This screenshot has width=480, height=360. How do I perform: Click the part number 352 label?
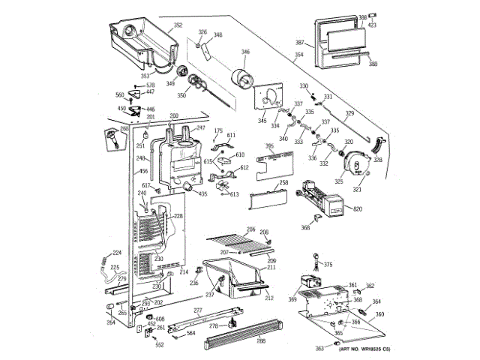[x=178, y=26]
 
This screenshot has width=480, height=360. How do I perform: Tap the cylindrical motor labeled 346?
[x=241, y=77]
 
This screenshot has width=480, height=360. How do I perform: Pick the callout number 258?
[x=284, y=183]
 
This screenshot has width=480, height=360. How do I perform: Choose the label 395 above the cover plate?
[x=270, y=145]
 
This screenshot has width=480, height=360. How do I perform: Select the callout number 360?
[x=379, y=314]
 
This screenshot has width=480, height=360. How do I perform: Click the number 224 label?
[x=117, y=253]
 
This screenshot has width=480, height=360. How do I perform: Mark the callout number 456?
[x=143, y=172]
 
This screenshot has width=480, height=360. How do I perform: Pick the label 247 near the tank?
[x=200, y=128]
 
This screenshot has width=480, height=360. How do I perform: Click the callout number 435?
[x=203, y=194]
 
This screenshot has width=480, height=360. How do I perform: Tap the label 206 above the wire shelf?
[x=250, y=229]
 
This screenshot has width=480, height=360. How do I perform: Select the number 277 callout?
[x=198, y=310]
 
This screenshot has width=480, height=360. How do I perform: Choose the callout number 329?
[x=349, y=113]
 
